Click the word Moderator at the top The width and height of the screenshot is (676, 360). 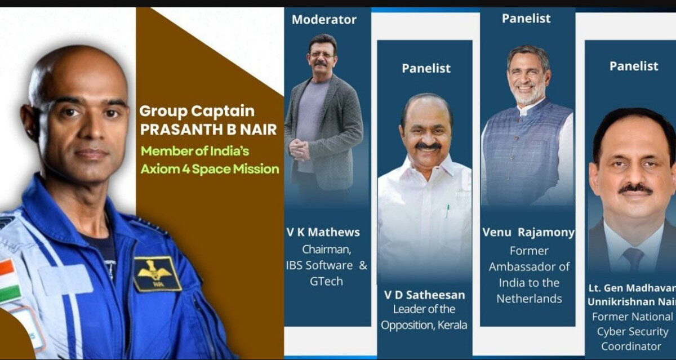point(324,20)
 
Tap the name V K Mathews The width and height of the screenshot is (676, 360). point(323,232)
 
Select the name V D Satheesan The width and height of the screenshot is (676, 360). point(425,295)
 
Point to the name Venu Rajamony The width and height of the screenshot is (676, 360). point(528,232)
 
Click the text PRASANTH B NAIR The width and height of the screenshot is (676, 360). point(208,130)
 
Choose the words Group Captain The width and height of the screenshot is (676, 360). point(197,112)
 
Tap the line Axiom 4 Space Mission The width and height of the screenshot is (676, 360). point(210,169)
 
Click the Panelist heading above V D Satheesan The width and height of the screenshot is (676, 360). point(426,69)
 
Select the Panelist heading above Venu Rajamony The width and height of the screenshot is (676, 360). point(526,19)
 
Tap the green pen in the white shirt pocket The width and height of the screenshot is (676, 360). point(448,211)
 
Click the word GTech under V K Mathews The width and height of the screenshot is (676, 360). point(326,281)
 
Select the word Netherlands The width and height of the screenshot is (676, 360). point(529,299)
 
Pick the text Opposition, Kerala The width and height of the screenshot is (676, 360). point(424,325)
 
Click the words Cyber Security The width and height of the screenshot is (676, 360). point(633,332)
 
